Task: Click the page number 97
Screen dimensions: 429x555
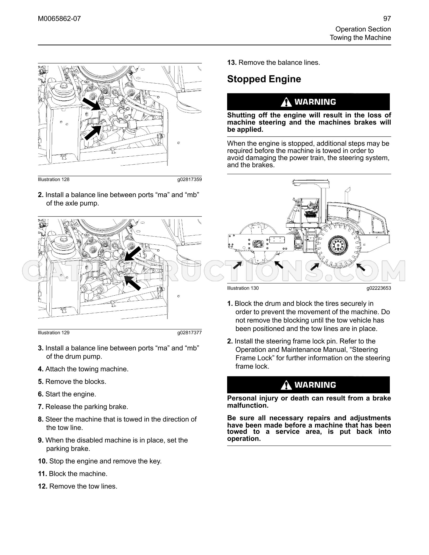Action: (x=387, y=19)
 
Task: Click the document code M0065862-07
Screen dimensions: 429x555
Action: (x=59, y=19)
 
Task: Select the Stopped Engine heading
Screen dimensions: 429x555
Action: (x=264, y=79)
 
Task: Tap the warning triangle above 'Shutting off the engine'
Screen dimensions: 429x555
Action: (x=286, y=102)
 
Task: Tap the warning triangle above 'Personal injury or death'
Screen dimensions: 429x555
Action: (x=286, y=385)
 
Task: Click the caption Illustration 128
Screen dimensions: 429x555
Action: (x=54, y=179)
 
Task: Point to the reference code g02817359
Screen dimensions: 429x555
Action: (x=190, y=179)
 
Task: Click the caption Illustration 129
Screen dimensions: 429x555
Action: (x=54, y=333)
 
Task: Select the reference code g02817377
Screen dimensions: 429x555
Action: (x=190, y=333)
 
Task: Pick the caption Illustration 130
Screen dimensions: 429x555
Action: (x=243, y=288)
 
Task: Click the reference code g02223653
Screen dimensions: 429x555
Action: (x=379, y=288)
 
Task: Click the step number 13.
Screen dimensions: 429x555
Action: (x=232, y=63)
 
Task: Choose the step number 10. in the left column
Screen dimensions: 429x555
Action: (x=43, y=461)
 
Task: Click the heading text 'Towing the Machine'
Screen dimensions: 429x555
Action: (x=360, y=38)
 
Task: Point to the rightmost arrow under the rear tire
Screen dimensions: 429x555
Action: (x=361, y=267)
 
